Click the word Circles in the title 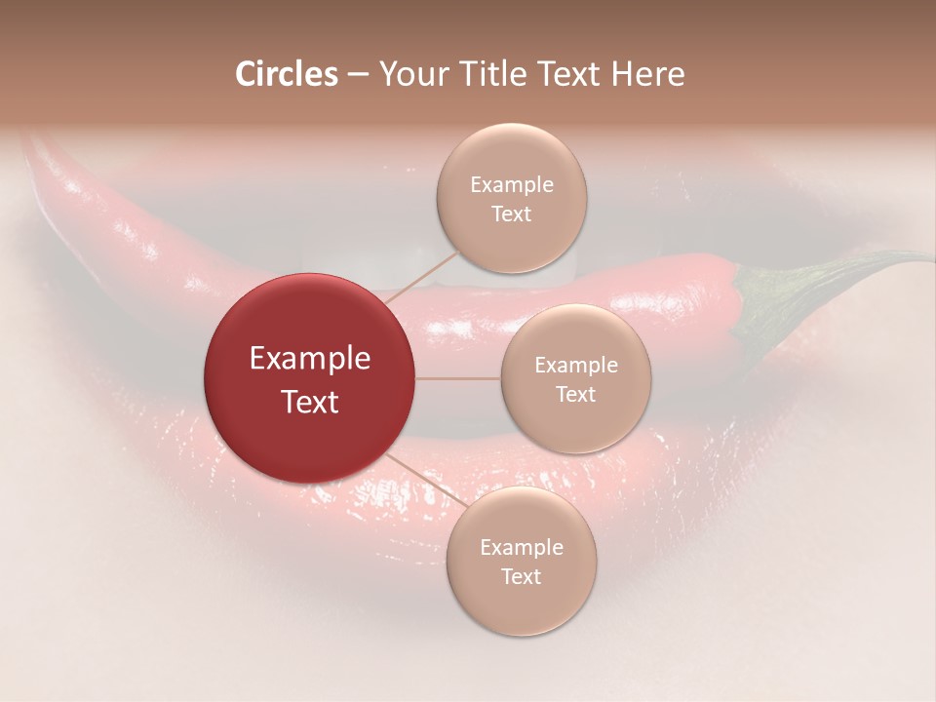click(x=287, y=74)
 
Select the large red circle click(x=309, y=378)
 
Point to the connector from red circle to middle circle click(x=457, y=378)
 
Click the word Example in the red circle click(x=309, y=359)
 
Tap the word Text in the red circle click(x=309, y=402)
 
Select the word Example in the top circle click(x=511, y=184)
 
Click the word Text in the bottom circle click(x=521, y=576)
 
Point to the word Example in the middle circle click(x=575, y=365)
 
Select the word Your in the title click(x=410, y=74)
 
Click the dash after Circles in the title click(x=358, y=75)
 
